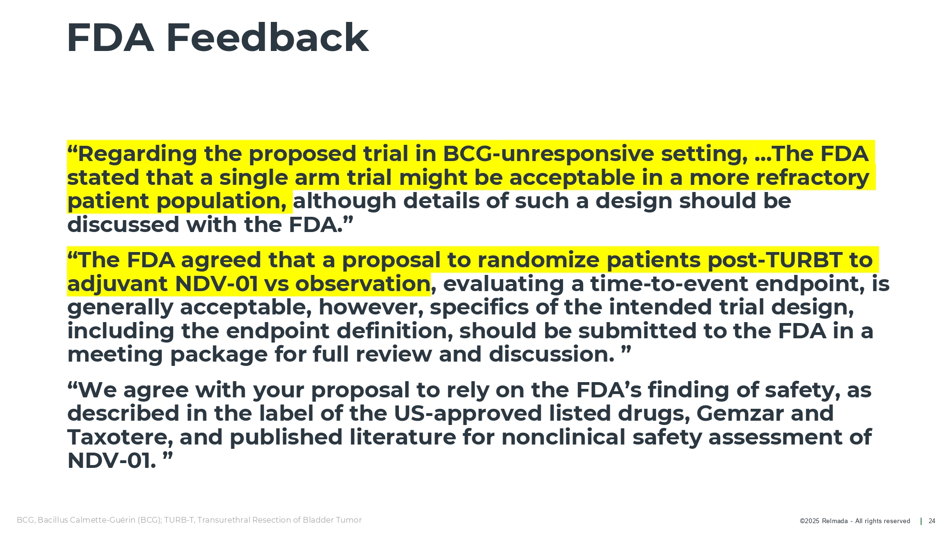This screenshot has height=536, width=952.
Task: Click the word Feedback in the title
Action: (267, 38)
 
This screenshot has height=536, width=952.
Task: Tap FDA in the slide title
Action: (110, 38)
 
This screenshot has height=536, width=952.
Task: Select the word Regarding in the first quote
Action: (138, 154)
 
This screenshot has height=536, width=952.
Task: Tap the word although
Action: (345, 201)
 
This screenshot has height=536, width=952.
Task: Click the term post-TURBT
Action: (775, 260)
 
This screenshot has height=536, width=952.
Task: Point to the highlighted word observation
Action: (363, 284)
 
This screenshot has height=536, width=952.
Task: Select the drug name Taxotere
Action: (117, 437)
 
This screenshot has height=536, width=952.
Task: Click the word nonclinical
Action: (564, 437)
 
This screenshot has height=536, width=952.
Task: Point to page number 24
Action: (932, 521)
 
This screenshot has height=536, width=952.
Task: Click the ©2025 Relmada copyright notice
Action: (855, 521)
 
